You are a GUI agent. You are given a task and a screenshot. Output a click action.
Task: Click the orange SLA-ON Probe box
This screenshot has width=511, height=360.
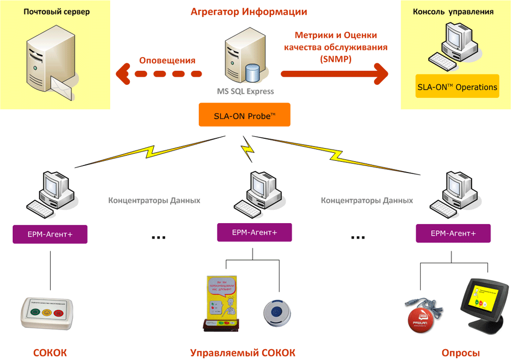coord(245,115)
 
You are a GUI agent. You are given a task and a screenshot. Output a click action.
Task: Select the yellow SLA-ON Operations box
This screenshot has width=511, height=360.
coord(457,87)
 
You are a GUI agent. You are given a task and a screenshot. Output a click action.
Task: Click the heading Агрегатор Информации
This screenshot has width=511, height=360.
coord(249,11)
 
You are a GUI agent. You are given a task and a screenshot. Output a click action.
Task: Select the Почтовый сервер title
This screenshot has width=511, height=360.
coord(57,11)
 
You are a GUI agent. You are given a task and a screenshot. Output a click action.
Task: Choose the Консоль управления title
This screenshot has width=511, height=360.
coord(453,11)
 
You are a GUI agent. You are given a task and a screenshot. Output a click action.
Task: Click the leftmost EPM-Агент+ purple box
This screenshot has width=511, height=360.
coord(50,234)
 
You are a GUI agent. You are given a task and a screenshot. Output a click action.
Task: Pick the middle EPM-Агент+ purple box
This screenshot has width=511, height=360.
coord(254,232)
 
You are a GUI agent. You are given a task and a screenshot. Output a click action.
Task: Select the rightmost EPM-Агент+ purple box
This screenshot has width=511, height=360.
coord(453,233)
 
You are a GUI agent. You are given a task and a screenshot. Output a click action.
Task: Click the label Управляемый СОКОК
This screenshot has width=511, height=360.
coord(243,353)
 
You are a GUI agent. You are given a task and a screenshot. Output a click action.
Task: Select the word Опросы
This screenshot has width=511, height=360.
coord(460,353)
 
